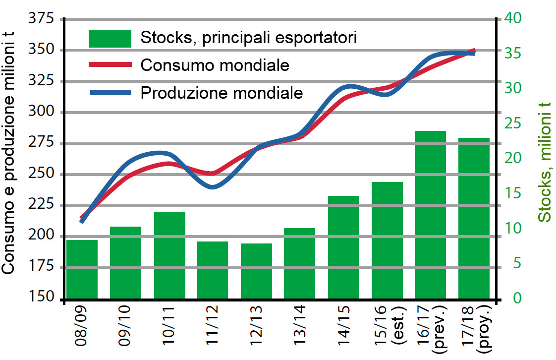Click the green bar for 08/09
(82, 270)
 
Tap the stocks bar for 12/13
(256, 271)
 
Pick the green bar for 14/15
(343, 247)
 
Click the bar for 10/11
(169, 255)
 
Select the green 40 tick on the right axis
(513, 19)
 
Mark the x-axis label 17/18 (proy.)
(480, 330)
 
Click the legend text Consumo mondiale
(215, 65)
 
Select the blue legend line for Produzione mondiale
(110, 92)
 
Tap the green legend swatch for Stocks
(110, 38)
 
